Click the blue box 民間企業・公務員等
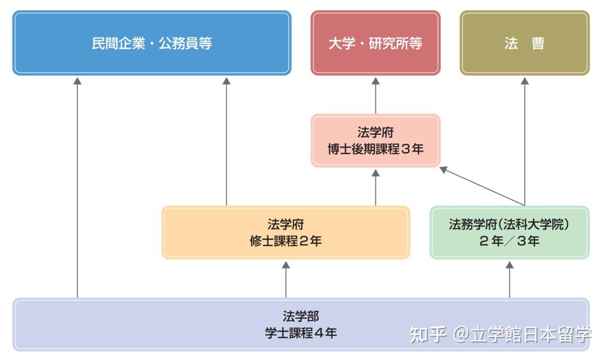pyautogui.click(x=151, y=43)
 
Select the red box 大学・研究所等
pyautogui.click(x=375, y=43)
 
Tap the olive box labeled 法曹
pyautogui.click(x=525, y=43)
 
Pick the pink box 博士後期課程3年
pyautogui.click(x=375, y=141)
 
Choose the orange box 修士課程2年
pyautogui.click(x=285, y=233)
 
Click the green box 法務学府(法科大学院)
pyautogui.click(x=509, y=233)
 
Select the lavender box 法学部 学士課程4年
pyautogui.click(x=301, y=325)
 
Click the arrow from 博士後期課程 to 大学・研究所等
pyautogui.click(x=375, y=95)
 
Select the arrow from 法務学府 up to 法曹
pyautogui.click(x=525, y=141)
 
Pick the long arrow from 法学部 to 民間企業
pyautogui.click(x=78, y=186)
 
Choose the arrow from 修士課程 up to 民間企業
pyautogui.click(x=226, y=141)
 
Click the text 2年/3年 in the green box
pyautogui.click(x=509, y=241)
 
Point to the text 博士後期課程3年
pyautogui.click(x=375, y=149)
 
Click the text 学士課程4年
pyautogui.click(x=301, y=333)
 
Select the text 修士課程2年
pyautogui.click(x=285, y=241)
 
